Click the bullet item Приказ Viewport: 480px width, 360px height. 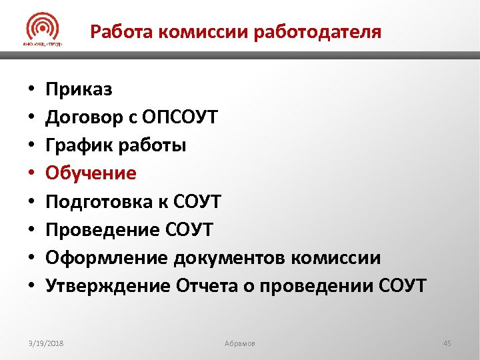pyautogui.click(x=79, y=89)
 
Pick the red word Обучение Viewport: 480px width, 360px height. pyautogui.click(x=91, y=173)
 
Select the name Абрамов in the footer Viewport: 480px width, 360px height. pyautogui.click(x=239, y=343)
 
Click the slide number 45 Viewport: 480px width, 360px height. pyautogui.click(x=447, y=343)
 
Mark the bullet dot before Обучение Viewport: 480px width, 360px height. pyautogui.click(x=31, y=174)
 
